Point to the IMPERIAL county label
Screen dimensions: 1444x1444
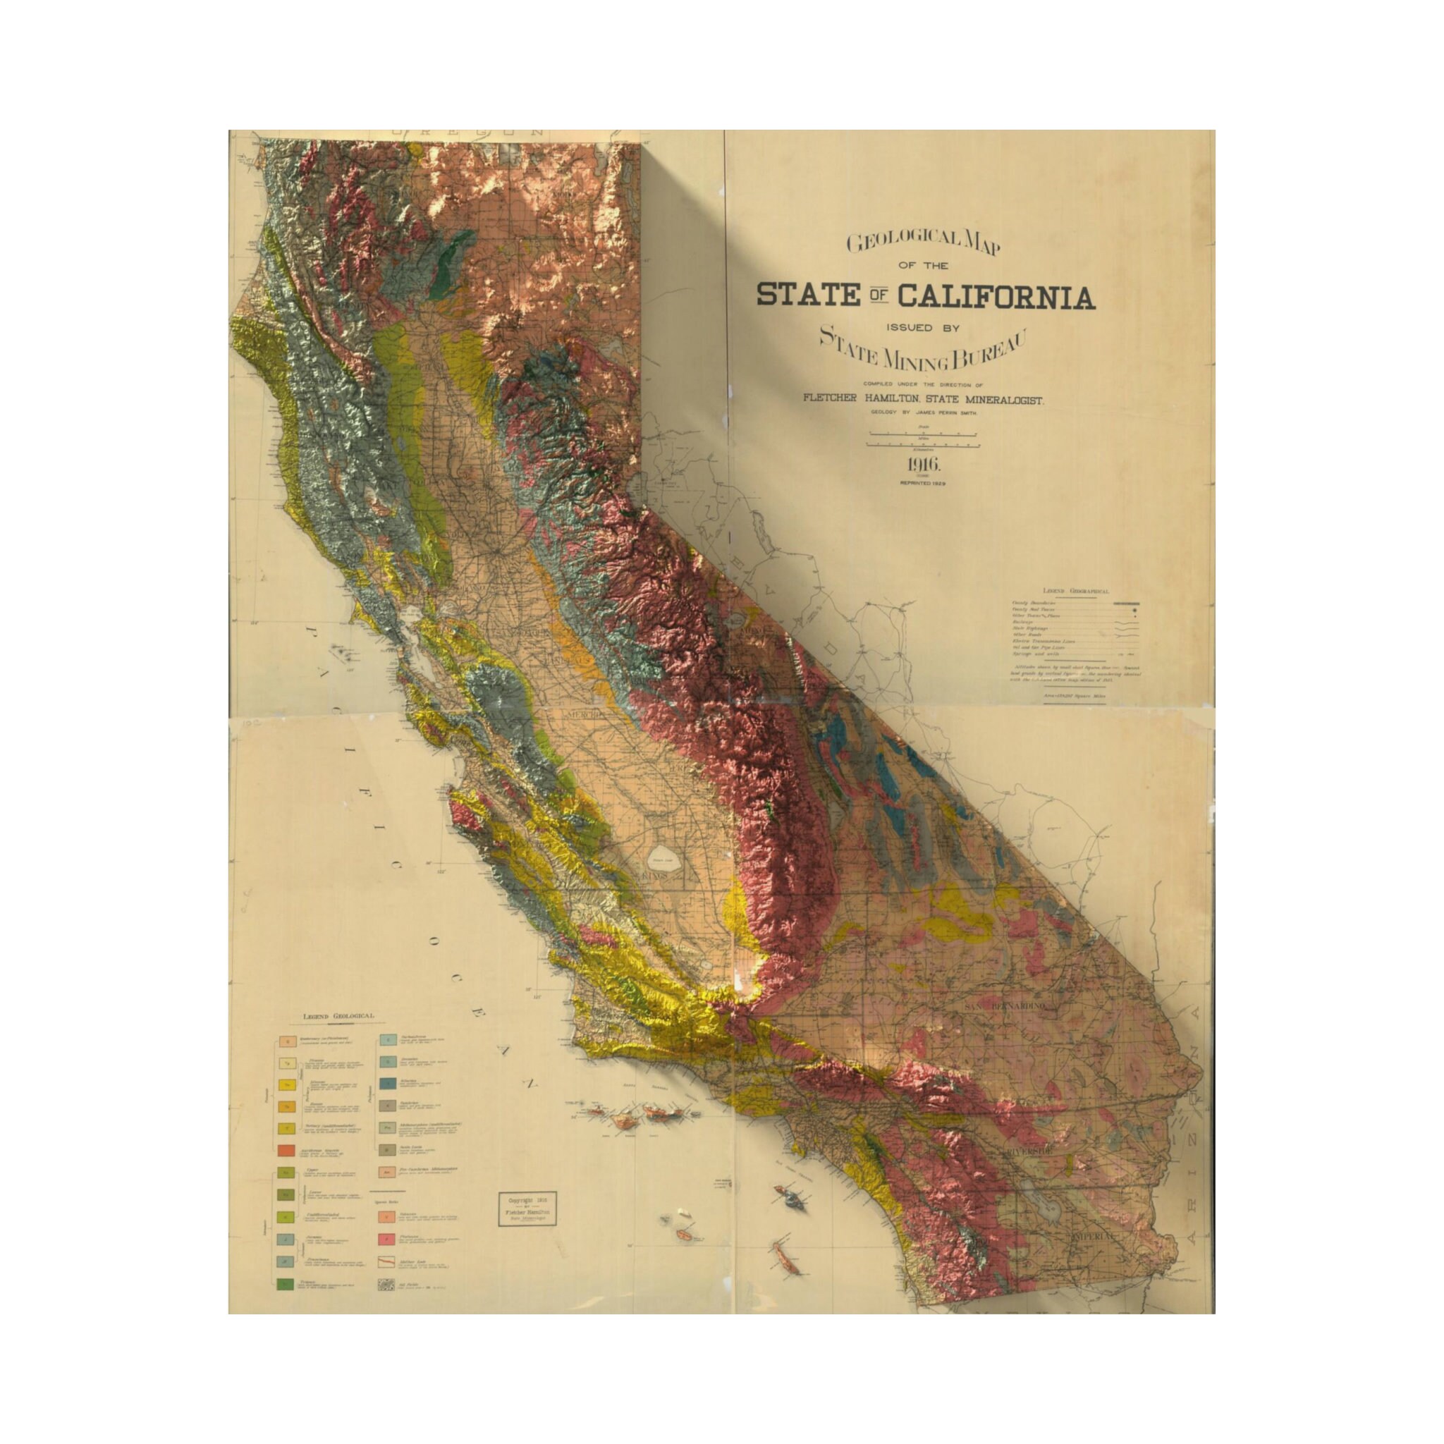pos(1093,1258)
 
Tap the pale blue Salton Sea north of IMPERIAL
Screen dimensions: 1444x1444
pos(1056,1213)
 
